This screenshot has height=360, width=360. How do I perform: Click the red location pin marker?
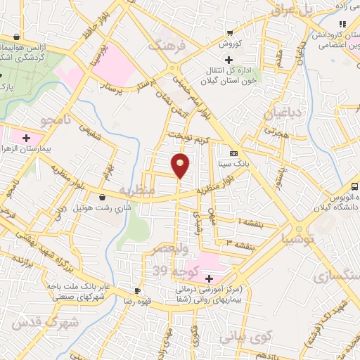click(x=181, y=165)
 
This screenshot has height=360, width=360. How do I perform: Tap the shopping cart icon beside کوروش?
click(x=230, y=33)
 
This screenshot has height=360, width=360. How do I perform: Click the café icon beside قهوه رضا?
click(x=138, y=290)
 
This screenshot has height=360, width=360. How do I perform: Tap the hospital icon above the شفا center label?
click(x=208, y=279)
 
